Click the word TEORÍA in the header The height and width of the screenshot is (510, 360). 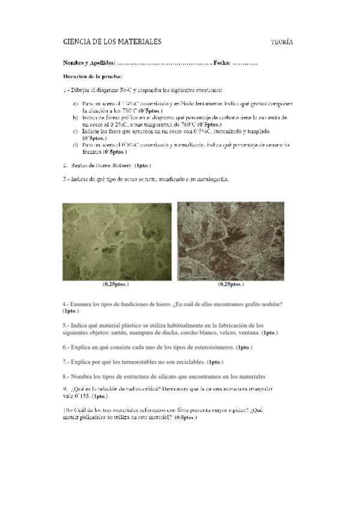click(281, 42)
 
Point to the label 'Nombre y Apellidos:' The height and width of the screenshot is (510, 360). click(89, 63)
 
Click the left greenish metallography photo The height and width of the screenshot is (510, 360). click(117, 241)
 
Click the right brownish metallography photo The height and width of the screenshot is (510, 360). click(231, 241)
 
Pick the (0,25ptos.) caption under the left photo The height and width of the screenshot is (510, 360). click(116, 284)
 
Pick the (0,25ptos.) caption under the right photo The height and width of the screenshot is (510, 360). click(231, 284)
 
